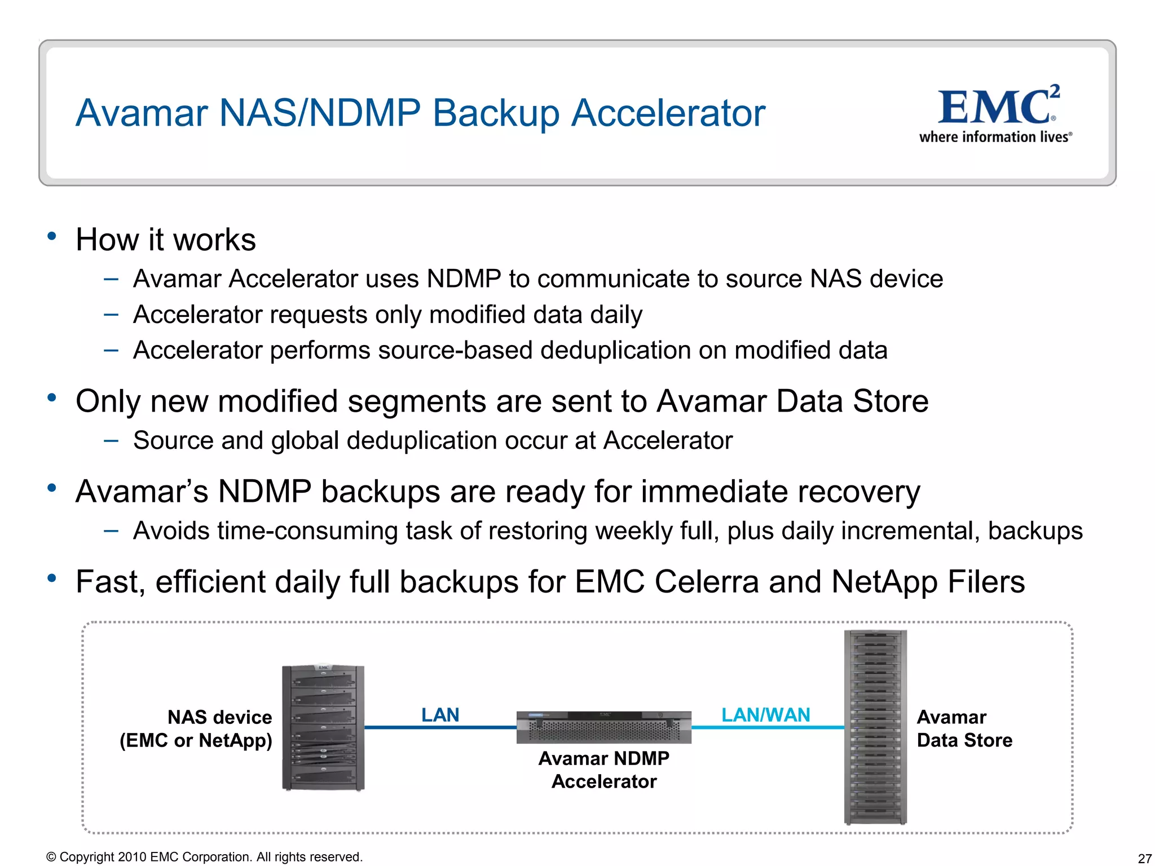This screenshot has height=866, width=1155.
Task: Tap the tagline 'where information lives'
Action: click(x=995, y=137)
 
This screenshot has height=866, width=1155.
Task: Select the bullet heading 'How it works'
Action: click(x=165, y=240)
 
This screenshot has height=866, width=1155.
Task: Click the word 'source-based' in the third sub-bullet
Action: click(x=456, y=350)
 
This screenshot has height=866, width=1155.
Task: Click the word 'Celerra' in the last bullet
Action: click(x=706, y=582)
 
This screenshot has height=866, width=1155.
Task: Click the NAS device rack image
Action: click(x=323, y=728)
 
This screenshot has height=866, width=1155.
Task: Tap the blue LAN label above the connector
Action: click(x=440, y=715)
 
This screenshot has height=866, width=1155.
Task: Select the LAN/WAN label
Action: click(x=765, y=715)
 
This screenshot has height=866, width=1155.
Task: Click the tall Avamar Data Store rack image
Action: click(x=875, y=727)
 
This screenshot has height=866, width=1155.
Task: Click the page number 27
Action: click(x=1144, y=858)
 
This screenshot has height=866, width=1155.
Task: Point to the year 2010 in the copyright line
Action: click(x=133, y=857)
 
